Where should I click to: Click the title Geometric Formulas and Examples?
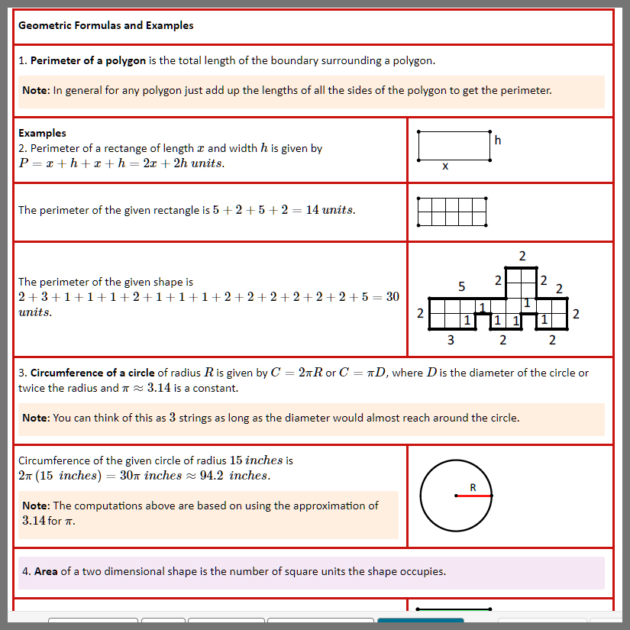[105, 26]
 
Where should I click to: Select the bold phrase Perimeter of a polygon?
[88, 60]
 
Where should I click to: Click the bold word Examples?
[42, 133]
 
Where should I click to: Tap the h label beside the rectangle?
[498, 141]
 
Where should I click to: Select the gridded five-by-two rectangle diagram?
[452, 212]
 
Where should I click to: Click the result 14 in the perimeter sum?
[312, 210]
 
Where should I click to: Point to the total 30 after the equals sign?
[393, 297]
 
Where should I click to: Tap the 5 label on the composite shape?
[462, 287]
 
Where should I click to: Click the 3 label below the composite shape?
[451, 340]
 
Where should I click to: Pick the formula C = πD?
[363, 373]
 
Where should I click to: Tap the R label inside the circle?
[473, 487]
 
